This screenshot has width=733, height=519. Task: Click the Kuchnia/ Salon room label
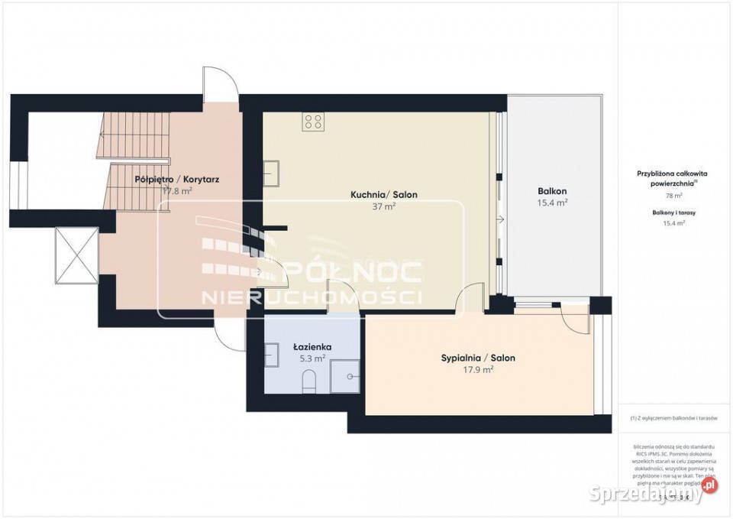pos(384,195)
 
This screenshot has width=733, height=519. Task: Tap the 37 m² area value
pos(384,207)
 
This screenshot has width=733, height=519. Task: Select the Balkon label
pos(552,191)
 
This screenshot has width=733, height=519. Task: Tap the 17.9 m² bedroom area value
pos(478,369)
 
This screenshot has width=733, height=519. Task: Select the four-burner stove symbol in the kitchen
pos(313,121)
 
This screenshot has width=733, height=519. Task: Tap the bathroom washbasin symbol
pos(271,354)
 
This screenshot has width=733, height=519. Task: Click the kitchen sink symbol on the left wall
pos(271,174)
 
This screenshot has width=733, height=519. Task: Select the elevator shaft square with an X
pos(76,256)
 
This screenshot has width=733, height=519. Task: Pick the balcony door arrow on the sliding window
pos(499,221)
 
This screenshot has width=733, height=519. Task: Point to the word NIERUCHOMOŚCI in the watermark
pos(311,296)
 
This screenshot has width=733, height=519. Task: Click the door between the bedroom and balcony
pos(573,316)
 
